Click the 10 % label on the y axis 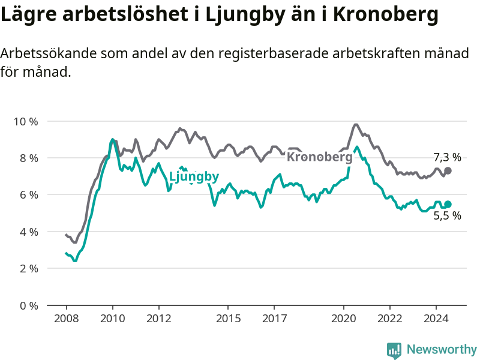click(26, 122)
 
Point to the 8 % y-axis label click(29, 158)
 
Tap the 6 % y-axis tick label click(29, 195)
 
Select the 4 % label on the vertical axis click(29, 232)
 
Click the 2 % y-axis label click(29, 269)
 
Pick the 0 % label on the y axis click(29, 305)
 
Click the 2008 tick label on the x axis click(67, 319)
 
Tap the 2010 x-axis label click(113, 319)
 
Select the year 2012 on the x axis click(159, 319)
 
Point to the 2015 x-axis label click(229, 319)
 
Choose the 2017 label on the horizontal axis click(275, 319)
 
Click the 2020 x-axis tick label click(344, 319)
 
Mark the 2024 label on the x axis click(436, 319)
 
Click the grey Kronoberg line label click(320, 157)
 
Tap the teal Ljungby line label click(194, 176)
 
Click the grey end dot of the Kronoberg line click(448, 171)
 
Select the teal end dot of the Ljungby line click(448, 204)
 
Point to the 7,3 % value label click(447, 157)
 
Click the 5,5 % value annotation click(447, 216)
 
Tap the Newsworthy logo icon click(394, 350)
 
